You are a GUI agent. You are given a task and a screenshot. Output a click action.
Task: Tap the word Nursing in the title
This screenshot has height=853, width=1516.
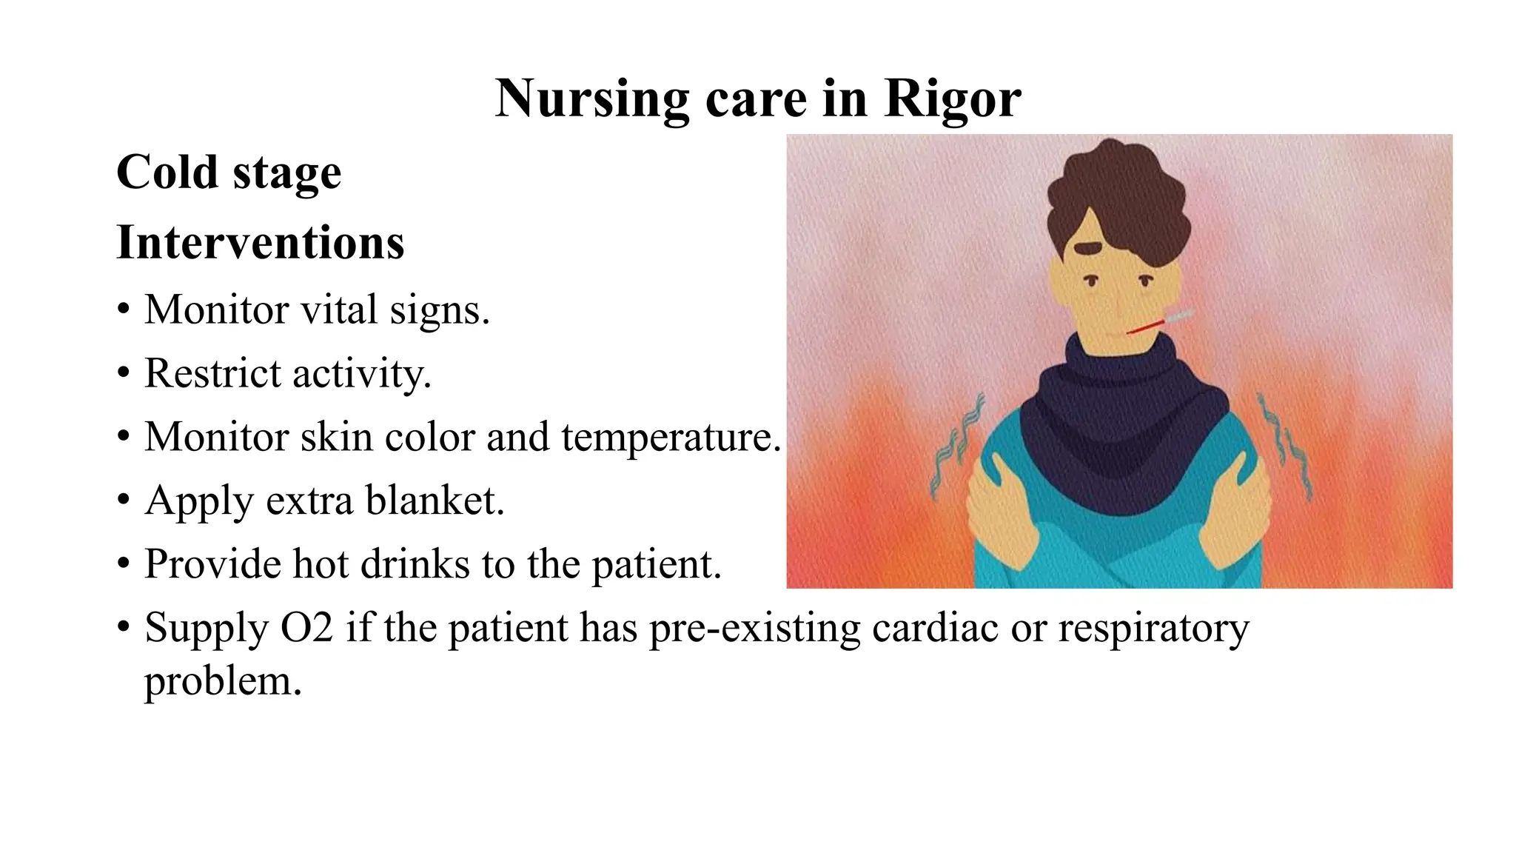pyautogui.click(x=591, y=98)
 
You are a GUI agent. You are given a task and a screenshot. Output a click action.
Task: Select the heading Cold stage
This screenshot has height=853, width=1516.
pyautogui.click(x=229, y=173)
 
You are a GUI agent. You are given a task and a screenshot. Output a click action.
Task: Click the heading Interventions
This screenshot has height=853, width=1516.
pyautogui.click(x=260, y=242)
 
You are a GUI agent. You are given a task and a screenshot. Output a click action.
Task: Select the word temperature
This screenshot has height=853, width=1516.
pyautogui.click(x=670, y=437)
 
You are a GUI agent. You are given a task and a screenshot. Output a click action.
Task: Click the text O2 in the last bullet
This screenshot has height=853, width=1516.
pyautogui.click(x=306, y=628)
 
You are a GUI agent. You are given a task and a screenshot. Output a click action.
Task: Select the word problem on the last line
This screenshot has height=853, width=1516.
pyautogui.click(x=222, y=681)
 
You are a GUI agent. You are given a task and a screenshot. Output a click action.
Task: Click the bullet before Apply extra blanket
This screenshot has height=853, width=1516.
pyautogui.click(x=124, y=501)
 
